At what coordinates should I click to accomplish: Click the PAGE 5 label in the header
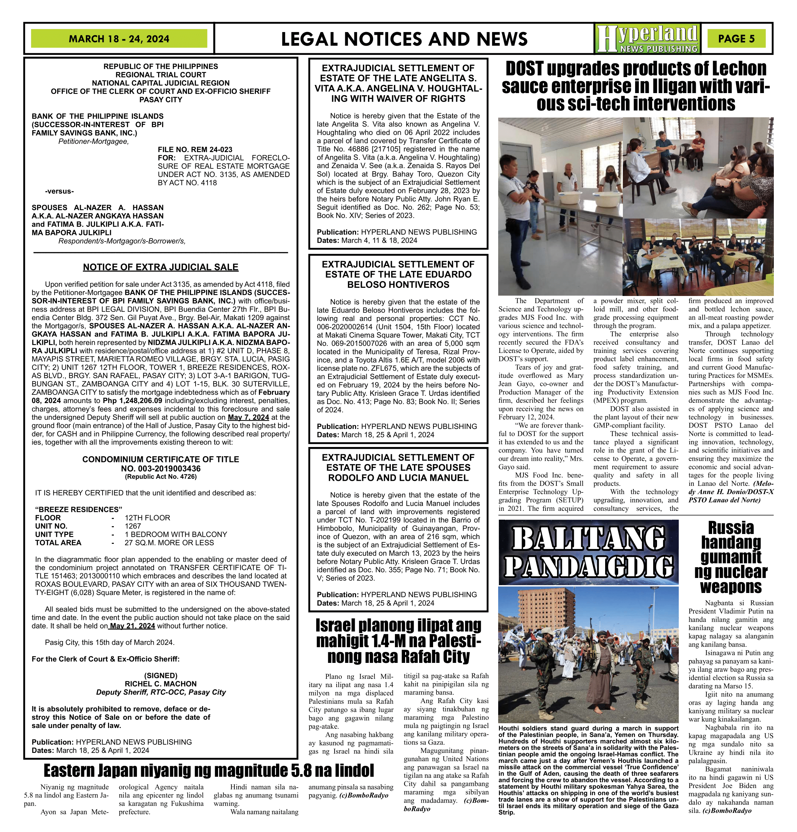(736, 39)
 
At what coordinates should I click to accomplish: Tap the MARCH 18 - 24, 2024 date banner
(119, 39)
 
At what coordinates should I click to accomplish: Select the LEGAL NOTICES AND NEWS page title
(404, 39)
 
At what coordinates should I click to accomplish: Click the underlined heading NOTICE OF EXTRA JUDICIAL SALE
(160, 267)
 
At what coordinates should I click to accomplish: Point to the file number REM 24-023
(195, 149)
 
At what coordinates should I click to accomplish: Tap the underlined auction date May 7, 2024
(248, 417)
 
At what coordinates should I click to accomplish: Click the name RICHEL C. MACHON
(160, 684)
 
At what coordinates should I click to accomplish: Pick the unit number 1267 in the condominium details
(133, 526)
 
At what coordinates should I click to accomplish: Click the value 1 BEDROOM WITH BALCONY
(175, 534)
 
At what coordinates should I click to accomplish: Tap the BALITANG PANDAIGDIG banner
(588, 551)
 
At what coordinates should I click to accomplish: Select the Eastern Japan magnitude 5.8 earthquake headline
(209, 770)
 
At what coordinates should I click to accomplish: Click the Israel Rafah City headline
(398, 641)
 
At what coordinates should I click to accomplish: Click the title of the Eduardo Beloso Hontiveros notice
(398, 274)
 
